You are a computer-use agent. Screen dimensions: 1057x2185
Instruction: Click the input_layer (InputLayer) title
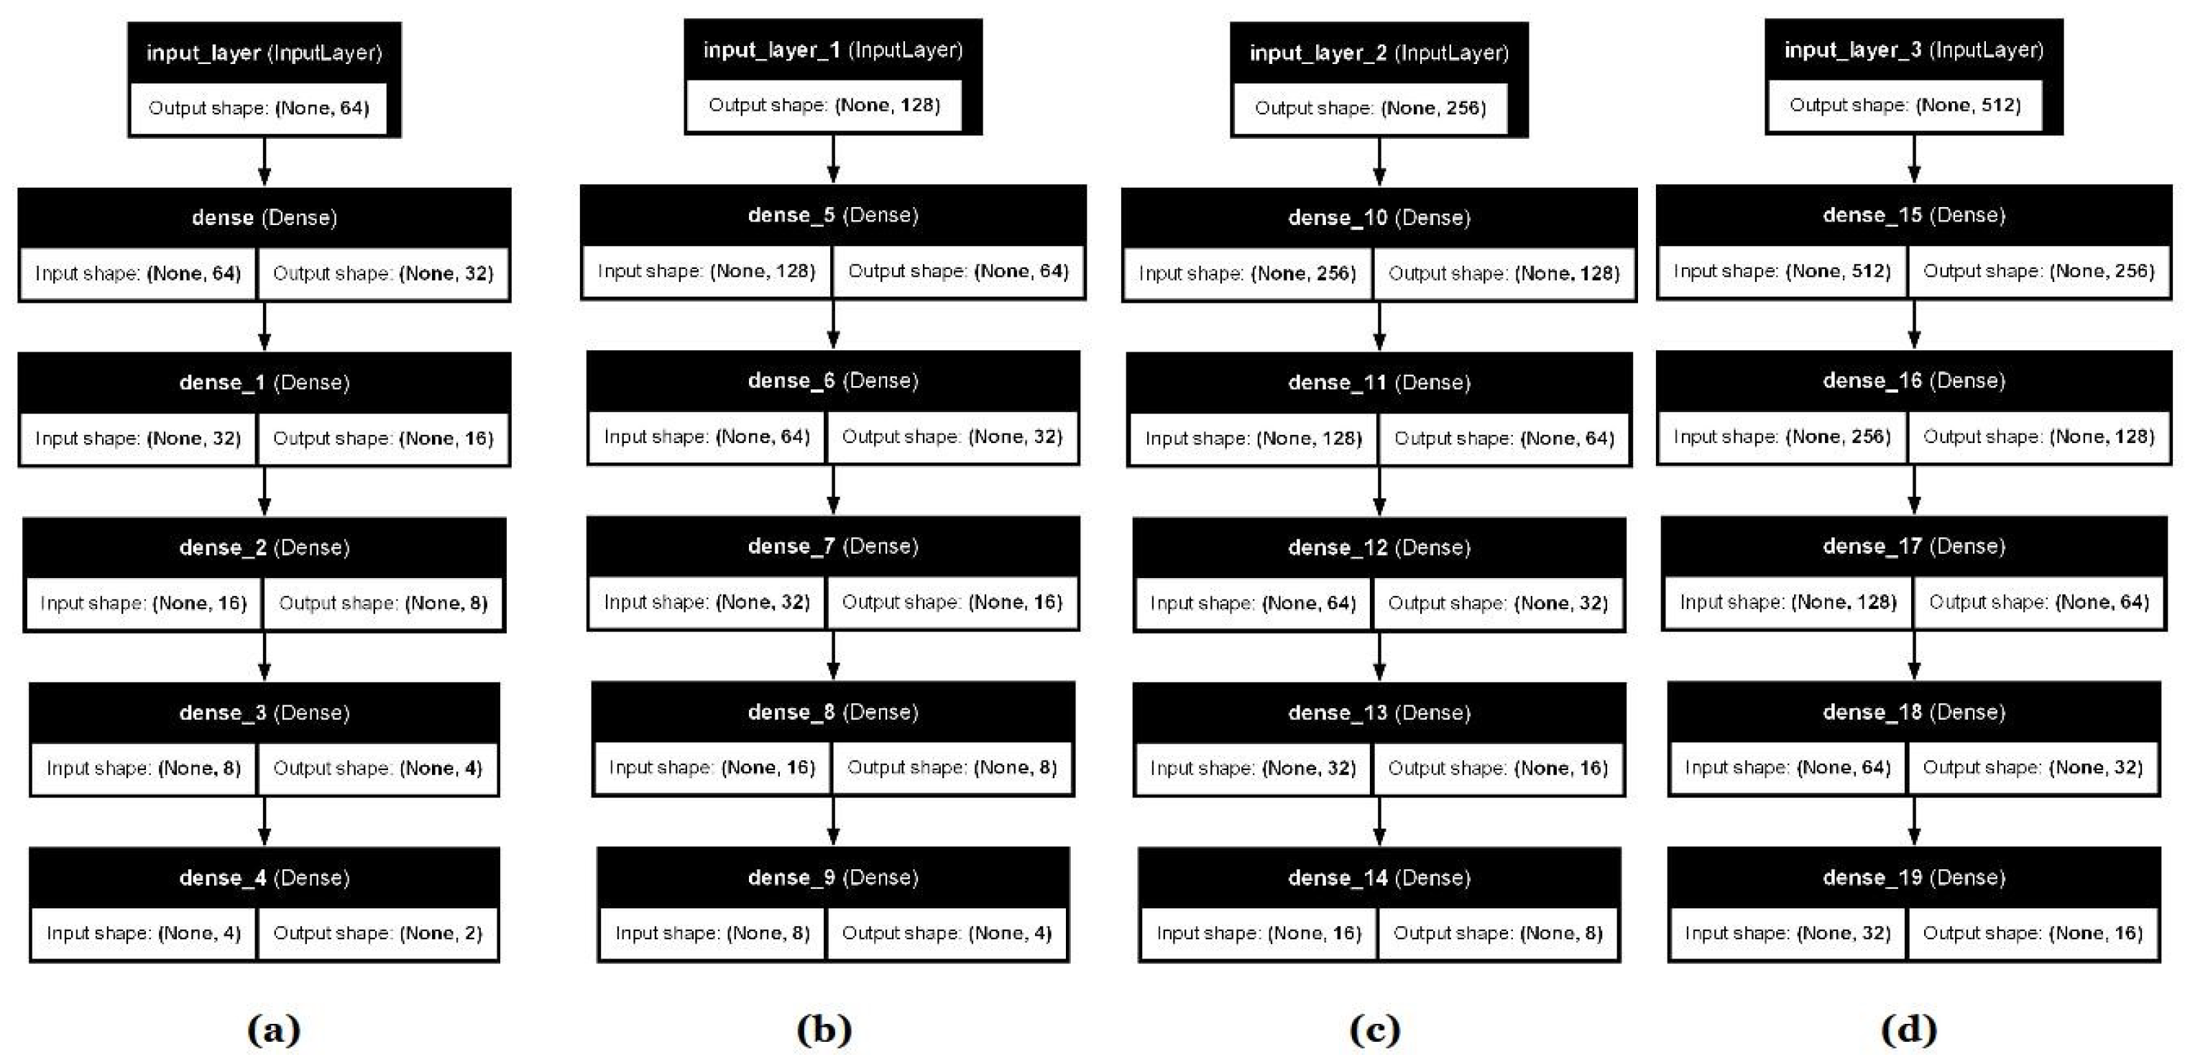pyautogui.click(x=264, y=52)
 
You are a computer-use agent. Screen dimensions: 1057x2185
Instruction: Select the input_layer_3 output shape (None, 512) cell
pyautogui.click(x=1904, y=105)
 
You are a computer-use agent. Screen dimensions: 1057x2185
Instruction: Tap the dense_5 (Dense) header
pyautogui.click(x=832, y=214)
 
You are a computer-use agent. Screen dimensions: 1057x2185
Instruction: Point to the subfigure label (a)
pyautogui.click(x=273, y=1030)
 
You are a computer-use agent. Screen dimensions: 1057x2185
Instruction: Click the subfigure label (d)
pyautogui.click(x=1908, y=1030)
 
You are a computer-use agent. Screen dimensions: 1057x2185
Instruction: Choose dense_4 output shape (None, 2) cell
pyautogui.click(x=377, y=933)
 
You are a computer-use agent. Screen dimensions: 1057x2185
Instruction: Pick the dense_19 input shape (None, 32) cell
pyautogui.click(x=1788, y=933)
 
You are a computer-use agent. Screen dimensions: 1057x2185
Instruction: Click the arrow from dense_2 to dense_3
pyautogui.click(x=264, y=656)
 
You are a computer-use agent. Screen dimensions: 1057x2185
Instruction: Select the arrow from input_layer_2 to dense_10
pyautogui.click(x=1379, y=161)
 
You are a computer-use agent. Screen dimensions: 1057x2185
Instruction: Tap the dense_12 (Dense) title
pyautogui.click(x=1379, y=547)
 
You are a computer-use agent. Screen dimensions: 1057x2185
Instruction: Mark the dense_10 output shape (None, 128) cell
pyautogui.click(x=1503, y=273)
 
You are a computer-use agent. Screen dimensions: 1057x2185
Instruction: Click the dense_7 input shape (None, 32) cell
pyautogui.click(x=707, y=603)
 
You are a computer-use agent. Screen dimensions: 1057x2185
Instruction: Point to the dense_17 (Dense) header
pyautogui.click(x=1913, y=546)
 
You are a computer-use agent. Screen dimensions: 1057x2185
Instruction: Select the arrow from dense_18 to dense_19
pyautogui.click(x=1913, y=820)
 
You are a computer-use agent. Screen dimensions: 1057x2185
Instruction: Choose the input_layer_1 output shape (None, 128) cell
pyautogui.click(x=824, y=105)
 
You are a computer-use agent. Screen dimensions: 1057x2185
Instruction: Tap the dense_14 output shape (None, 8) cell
pyautogui.click(x=1497, y=933)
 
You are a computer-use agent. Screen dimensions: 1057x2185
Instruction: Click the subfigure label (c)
pyautogui.click(x=1374, y=1030)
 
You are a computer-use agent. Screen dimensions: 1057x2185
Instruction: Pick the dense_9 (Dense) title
pyautogui.click(x=832, y=877)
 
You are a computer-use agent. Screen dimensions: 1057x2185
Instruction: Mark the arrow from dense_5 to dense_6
pyautogui.click(x=833, y=324)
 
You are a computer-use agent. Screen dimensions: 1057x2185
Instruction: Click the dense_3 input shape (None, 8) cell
pyautogui.click(x=143, y=768)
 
